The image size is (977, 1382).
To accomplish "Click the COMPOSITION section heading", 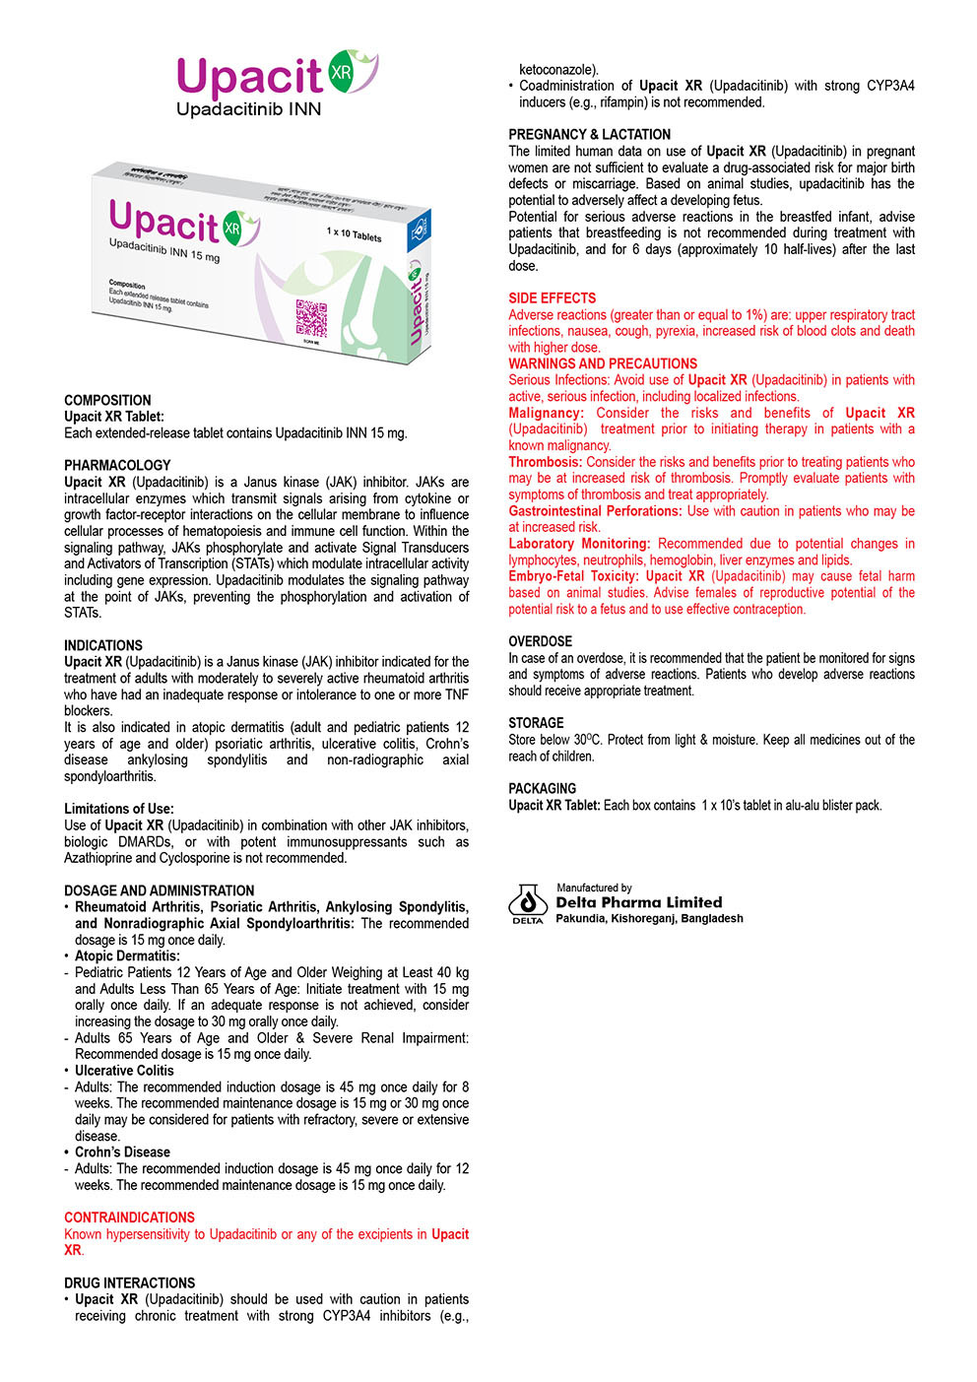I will pos(107,400).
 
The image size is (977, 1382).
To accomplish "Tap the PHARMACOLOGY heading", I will pos(117,465).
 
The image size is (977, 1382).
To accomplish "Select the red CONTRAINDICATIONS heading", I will pos(129,1217).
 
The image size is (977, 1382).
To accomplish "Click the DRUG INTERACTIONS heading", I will pos(129,1283).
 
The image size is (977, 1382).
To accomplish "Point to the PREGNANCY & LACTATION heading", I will pos(589,135).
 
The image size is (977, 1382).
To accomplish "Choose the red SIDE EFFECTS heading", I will pos(552,298).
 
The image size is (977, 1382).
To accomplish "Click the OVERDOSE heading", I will pos(540,641).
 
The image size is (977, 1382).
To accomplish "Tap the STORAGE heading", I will pos(536,723).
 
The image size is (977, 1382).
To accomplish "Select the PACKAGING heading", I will pos(542,788).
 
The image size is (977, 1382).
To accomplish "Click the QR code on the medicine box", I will pos(310,316).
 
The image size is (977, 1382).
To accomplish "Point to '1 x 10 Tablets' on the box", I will pos(354,236).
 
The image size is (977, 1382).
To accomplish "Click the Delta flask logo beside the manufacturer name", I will pos(527,901).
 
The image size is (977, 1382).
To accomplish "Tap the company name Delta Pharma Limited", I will pos(638,902).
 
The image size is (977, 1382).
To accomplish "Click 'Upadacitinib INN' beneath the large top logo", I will pos(248,109).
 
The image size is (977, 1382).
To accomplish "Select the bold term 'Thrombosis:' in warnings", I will pos(545,462).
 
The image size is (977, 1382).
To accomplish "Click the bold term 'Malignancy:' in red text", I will pos(546,413).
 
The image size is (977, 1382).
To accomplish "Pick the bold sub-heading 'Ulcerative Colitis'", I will pos(124,1071).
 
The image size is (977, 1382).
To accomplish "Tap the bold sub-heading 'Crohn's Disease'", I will pos(122,1152).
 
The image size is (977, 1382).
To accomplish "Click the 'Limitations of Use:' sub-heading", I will pos(118,809).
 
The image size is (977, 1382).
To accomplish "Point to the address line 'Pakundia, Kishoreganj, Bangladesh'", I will pos(649,919).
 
